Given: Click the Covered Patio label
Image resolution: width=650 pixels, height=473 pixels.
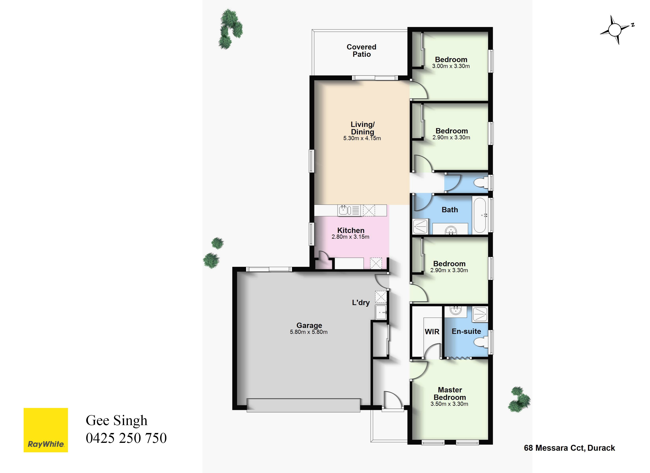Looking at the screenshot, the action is tap(361, 50).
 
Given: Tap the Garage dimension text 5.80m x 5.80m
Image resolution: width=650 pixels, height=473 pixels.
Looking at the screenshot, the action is tap(309, 332).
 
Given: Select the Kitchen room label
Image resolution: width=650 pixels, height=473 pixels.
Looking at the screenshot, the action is tap(351, 230).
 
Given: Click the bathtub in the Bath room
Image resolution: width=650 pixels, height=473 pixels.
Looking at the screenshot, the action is tap(480, 215).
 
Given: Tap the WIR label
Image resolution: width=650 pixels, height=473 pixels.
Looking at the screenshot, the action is tap(432, 331).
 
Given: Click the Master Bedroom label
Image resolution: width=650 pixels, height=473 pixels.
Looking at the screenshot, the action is tap(450, 394).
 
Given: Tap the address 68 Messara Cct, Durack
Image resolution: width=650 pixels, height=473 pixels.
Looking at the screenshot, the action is tap(569, 448).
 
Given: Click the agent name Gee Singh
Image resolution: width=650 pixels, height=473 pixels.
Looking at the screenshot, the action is tap(117, 421).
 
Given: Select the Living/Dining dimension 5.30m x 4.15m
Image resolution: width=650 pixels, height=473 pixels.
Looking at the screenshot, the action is tap(362, 138).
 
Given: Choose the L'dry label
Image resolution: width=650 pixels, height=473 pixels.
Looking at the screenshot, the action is tap(361, 303).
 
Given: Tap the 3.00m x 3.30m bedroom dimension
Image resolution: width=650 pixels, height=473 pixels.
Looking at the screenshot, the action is tap(451, 66).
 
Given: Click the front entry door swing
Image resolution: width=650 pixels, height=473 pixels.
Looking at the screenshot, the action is tap(392, 399).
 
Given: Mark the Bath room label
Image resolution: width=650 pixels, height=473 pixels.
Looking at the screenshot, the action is tap(450, 210).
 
